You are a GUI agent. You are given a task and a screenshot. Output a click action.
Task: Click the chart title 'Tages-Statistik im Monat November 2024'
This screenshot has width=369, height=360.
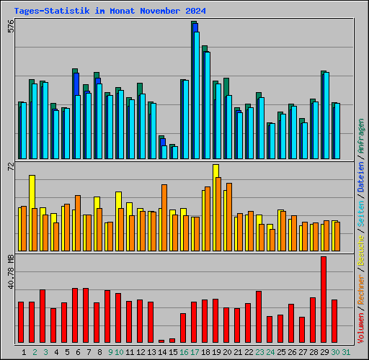click(x=110, y=12)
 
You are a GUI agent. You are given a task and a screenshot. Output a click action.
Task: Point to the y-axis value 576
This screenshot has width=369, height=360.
click(x=10, y=27)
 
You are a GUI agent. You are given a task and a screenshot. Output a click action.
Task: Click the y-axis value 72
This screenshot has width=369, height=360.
click(x=10, y=168)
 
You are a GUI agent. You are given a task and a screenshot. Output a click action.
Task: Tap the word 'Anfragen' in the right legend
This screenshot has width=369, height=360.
click(x=361, y=136)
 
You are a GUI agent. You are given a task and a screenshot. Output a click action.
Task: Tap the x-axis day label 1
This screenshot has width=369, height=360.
click(x=25, y=352)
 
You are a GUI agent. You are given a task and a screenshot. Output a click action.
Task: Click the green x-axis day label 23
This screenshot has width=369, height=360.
click(x=259, y=352)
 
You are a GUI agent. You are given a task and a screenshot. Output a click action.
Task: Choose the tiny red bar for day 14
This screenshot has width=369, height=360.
click(x=161, y=341)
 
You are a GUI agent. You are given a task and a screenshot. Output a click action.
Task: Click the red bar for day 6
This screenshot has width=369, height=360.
click(x=75, y=315)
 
